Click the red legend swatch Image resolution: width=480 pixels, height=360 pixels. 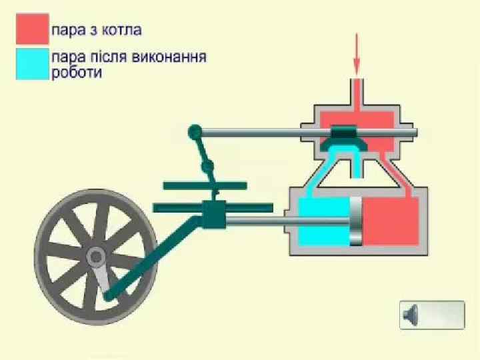pos(33,29)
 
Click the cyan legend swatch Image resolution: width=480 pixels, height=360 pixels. pos(33,64)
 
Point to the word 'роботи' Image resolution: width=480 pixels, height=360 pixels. pos(77,73)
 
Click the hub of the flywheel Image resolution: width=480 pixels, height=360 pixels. pos(95,255)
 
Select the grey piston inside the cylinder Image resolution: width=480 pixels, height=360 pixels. pos(356,221)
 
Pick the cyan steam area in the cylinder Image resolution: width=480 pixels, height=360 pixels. pos(323,221)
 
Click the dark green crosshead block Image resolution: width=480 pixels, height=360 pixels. pos(214,215)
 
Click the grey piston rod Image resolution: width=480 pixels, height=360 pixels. pos(287,221)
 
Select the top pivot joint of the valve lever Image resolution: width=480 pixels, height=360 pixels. pos(195,131)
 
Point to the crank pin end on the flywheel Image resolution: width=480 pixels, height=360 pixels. pos(109,294)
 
